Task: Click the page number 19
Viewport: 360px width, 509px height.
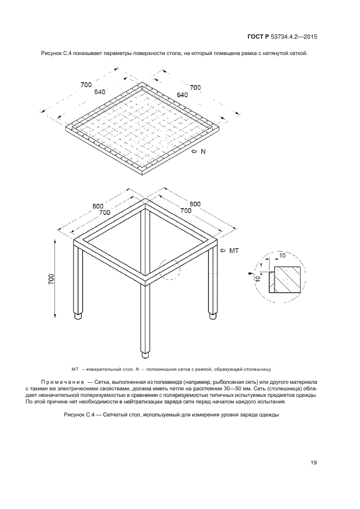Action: pos(314,463)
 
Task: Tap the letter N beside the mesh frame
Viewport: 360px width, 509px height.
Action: pos(203,151)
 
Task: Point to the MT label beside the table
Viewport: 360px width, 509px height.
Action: pos(234,250)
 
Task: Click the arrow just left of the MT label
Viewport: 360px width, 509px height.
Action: pos(222,250)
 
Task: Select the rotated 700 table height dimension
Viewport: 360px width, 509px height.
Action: pos(51,279)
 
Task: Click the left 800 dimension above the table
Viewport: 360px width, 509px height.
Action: pos(97,206)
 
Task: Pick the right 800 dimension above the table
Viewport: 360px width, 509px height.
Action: pos(195,204)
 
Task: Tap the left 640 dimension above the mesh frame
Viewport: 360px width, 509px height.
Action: pos(100,92)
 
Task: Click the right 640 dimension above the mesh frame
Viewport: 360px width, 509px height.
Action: pos(182,95)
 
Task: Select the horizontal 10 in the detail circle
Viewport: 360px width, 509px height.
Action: pos(283,255)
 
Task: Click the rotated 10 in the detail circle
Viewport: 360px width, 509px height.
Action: pos(258,279)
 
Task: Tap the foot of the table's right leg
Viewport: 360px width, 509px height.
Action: pos(212,316)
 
